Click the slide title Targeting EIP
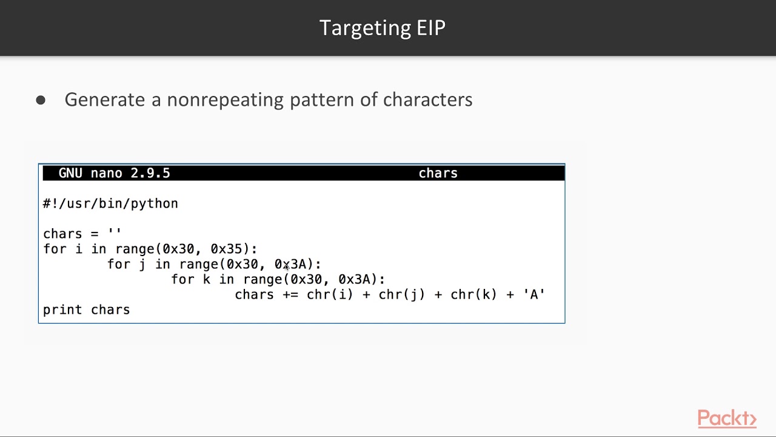tap(382, 28)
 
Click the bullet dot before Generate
tap(41, 100)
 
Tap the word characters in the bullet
tap(427, 100)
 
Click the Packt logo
tap(726, 419)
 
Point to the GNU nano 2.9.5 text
tap(114, 173)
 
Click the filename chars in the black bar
tap(438, 173)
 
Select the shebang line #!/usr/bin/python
tap(110, 203)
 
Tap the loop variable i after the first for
tap(79, 249)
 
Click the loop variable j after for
tap(142, 264)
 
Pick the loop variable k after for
tap(207, 279)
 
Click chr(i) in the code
tap(330, 294)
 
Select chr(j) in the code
tap(401, 294)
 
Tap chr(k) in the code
tap(473, 294)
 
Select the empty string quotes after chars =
tap(114, 233)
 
